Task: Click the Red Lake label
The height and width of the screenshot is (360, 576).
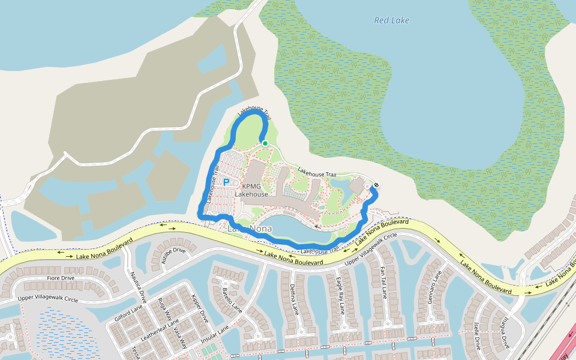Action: click(x=391, y=20)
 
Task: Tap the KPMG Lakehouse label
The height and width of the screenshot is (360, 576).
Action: click(x=251, y=190)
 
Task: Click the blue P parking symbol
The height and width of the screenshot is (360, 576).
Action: click(x=227, y=182)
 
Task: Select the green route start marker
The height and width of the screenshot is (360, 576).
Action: click(x=265, y=143)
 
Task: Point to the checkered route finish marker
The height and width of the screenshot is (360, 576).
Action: click(x=376, y=185)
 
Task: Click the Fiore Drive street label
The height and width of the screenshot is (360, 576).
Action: click(x=61, y=278)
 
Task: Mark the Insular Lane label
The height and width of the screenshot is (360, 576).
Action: click(x=215, y=338)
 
